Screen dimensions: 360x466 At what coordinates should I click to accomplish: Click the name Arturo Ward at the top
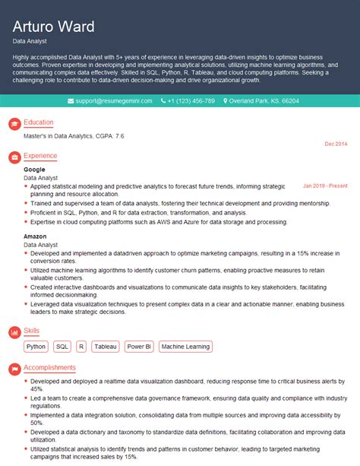pos(54,27)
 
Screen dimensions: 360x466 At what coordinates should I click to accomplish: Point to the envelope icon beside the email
pos(71,101)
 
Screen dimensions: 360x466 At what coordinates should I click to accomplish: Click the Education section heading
pos(39,122)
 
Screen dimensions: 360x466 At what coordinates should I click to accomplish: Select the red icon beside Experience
pos(14,157)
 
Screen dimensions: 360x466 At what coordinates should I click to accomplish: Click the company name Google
pos(34,170)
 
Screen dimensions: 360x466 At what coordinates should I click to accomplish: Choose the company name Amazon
pos(35,236)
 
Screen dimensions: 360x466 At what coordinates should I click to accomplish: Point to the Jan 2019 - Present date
pos(324,185)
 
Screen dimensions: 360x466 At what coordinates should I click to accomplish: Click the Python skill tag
pos(36,347)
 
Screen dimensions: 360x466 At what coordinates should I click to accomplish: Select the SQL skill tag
pos(62,347)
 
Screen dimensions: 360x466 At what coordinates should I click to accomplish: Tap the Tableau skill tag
pos(106,347)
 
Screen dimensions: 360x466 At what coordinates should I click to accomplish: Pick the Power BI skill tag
pos(139,347)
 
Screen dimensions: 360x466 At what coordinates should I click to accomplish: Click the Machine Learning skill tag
pos(186,347)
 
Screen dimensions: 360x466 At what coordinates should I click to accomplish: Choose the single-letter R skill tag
pos(81,347)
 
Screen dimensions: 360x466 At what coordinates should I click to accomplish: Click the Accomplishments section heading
pos(49,367)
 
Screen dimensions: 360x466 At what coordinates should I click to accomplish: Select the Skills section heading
pos(32,331)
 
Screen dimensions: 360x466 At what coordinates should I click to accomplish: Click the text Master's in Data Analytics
pos(53,135)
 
